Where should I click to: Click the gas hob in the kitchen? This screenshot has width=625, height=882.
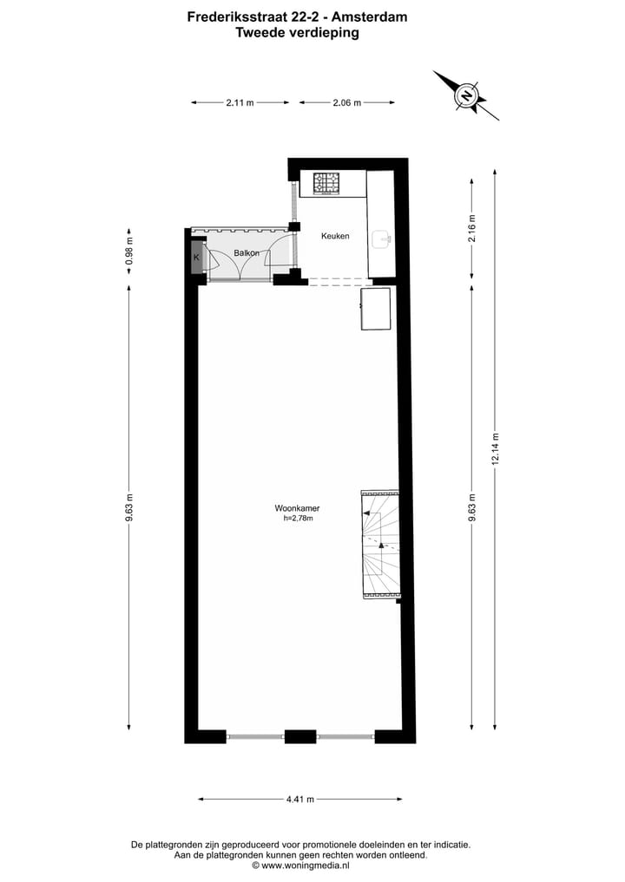point(327,183)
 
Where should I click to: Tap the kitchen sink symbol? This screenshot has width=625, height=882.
point(382,239)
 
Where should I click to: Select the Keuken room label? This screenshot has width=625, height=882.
point(335,236)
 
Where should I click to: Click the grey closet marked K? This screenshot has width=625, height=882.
point(196,258)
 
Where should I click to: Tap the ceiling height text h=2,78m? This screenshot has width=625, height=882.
point(297,519)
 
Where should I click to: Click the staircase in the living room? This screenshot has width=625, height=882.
point(379,545)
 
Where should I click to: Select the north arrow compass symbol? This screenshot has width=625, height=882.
point(467,95)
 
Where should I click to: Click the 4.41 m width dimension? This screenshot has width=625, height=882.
point(299,799)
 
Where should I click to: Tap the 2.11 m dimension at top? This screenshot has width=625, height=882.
point(240,102)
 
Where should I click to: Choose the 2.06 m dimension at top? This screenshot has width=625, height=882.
point(347,102)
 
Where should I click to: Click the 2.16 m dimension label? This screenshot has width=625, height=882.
point(472,229)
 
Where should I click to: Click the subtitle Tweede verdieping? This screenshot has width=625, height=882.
point(297,33)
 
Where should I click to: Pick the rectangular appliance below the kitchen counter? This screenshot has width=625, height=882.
point(374,310)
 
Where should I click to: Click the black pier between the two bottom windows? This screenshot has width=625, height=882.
point(300,736)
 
